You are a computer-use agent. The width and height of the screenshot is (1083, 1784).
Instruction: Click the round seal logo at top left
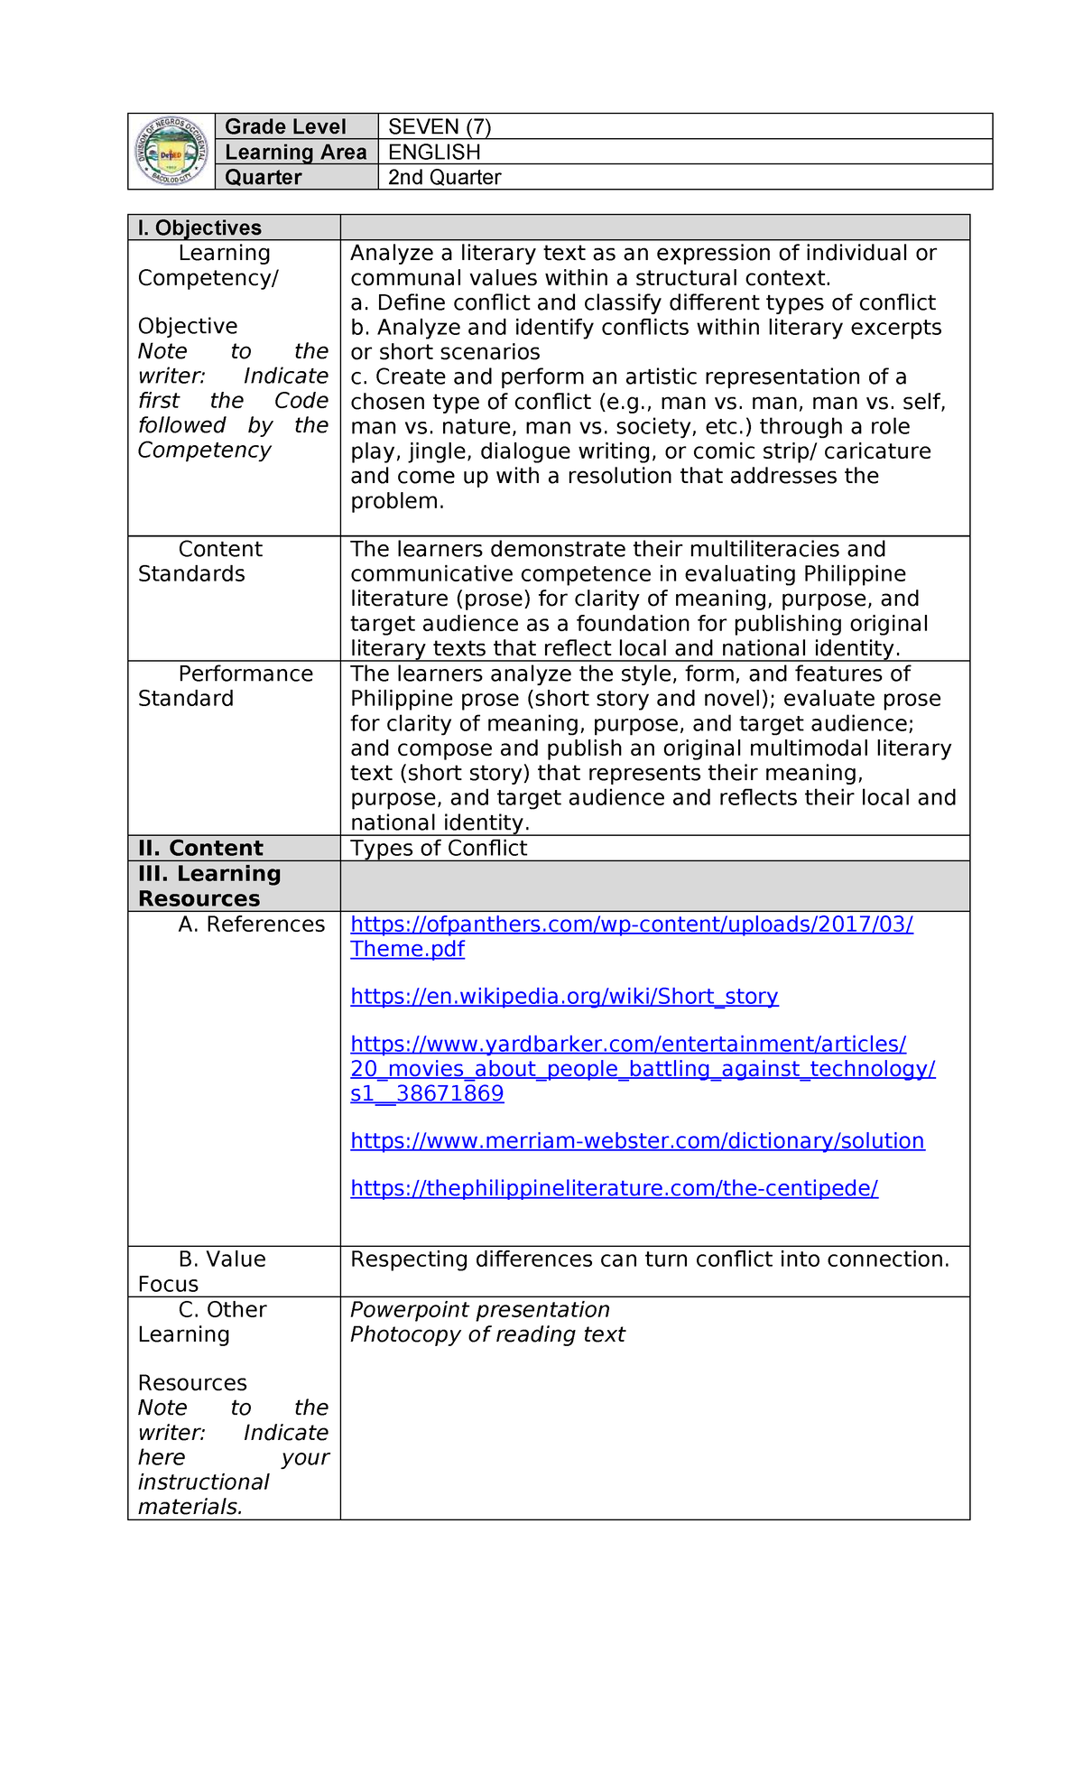pos(171,152)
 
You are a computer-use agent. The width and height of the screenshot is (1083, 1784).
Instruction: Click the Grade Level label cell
pos(285,126)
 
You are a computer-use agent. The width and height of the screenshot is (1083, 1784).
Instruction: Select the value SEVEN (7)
pos(440,126)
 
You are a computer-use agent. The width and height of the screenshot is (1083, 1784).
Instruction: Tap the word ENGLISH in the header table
pos(434,152)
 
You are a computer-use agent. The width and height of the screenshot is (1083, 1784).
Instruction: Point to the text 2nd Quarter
pos(444,177)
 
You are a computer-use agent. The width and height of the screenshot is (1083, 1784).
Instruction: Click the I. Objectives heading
pos(199,228)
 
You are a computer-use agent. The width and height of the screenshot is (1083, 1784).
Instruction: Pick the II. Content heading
pos(200,848)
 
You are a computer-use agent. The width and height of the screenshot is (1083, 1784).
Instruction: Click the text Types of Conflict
pos(439,848)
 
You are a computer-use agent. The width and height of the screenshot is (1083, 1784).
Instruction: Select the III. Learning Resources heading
pos(209,886)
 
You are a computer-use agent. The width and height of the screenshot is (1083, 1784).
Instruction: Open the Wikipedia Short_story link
pos(564,996)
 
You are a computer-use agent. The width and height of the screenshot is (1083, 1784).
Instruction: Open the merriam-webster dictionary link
pos(637,1140)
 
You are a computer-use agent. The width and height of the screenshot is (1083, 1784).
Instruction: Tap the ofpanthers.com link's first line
pos(632,924)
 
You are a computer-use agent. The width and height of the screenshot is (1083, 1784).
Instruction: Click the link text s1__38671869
pos(427,1093)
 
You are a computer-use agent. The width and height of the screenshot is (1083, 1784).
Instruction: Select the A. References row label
pos(252,924)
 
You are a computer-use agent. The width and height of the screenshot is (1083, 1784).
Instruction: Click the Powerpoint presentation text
pos(479,1309)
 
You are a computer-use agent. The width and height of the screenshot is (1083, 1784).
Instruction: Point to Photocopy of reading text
pos(487,1334)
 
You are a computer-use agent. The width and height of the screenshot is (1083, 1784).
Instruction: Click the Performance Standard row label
pos(226,686)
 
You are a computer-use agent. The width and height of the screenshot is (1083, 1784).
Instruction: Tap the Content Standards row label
pos(200,562)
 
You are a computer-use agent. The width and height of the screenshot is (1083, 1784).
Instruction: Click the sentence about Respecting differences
pos(650,1259)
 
